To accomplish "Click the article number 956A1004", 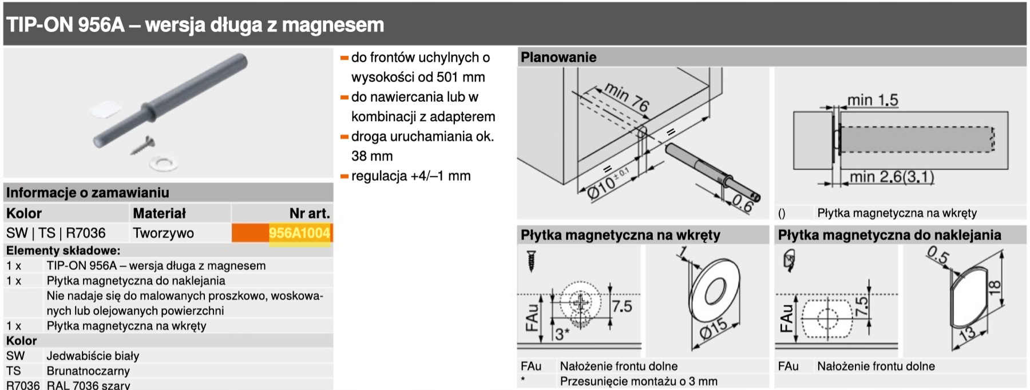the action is click(299, 233).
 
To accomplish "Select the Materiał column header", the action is click(159, 213).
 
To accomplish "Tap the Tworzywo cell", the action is click(163, 233).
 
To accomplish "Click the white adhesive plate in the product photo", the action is click(106, 109).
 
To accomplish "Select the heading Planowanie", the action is click(558, 57).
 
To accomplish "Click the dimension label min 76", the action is click(627, 97).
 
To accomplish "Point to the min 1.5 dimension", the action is click(872, 100).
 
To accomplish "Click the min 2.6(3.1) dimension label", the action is click(892, 177).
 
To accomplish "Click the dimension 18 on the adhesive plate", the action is click(995, 287).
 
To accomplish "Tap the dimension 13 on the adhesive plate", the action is click(967, 333).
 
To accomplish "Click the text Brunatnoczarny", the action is click(88, 371).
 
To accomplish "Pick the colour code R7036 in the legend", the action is click(23, 385).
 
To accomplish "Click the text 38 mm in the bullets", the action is click(372, 156).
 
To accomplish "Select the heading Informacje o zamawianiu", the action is click(88, 193).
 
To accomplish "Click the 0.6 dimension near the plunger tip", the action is click(742, 204).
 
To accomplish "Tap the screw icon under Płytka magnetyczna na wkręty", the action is click(531, 261).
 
